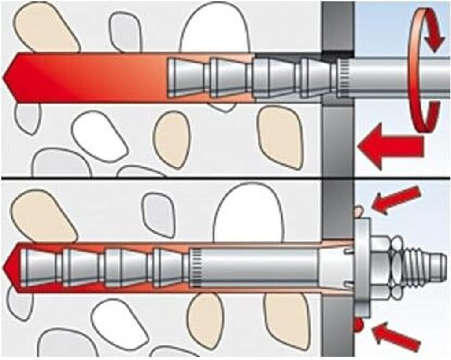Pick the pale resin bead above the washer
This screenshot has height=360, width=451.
coord(359,212)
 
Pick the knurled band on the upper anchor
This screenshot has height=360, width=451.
coord(344,78)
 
